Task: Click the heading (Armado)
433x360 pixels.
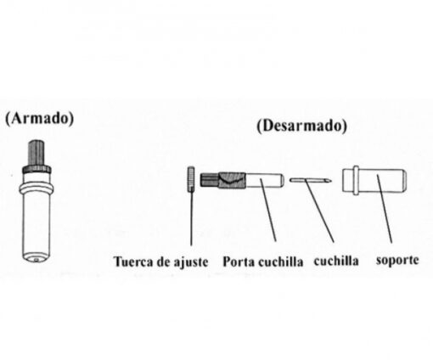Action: click(x=40, y=118)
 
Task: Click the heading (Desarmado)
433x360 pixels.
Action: click(x=301, y=126)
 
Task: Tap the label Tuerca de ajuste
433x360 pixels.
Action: click(x=160, y=262)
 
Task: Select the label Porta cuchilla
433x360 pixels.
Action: click(x=263, y=262)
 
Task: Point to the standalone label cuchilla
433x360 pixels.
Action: click(x=336, y=261)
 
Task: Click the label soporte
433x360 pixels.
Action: click(x=397, y=260)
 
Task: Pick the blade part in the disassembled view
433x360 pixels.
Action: click(x=311, y=180)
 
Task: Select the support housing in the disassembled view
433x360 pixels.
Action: click(x=374, y=180)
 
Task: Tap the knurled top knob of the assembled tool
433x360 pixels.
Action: click(x=37, y=152)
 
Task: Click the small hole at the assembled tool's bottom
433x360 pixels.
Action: click(x=36, y=259)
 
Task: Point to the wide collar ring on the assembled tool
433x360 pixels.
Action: click(x=37, y=188)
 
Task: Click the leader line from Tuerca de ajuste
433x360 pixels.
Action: click(x=191, y=218)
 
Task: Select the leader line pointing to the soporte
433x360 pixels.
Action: click(x=385, y=209)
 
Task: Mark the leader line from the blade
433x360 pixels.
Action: click(x=319, y=211)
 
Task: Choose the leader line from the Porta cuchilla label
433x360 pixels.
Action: click(x=267, y=210)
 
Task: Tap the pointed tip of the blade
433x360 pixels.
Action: click(x=331, y=180)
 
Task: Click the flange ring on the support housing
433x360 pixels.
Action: click(x=356, y=180)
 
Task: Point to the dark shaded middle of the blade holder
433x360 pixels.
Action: click(x=232, y=180)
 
